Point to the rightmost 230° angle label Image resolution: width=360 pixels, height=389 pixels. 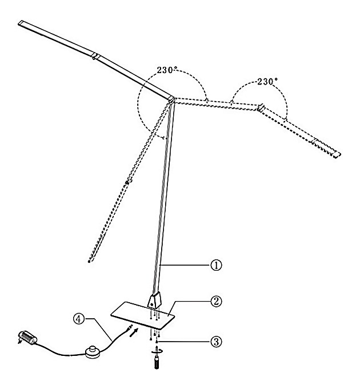point(267,82)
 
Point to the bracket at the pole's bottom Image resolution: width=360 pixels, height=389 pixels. point(155,299)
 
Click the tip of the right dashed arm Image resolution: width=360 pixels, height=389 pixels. point(338,154)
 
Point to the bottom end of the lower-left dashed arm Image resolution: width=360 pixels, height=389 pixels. point(90,260)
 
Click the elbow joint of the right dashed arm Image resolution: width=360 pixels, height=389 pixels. point(261,107)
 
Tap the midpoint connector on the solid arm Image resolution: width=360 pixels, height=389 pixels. point(96,57)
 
